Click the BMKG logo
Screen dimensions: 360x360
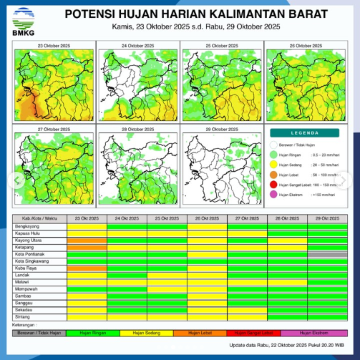pos(24,20)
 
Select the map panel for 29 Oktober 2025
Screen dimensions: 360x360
pos(221,165)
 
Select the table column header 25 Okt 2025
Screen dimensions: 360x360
pos(167,218)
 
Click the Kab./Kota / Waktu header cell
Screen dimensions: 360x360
pos(39,218)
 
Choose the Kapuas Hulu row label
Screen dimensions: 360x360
pos(27,232)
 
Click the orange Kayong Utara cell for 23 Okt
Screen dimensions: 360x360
pos(86,240)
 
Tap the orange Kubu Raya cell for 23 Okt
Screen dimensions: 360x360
pos(86,269)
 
